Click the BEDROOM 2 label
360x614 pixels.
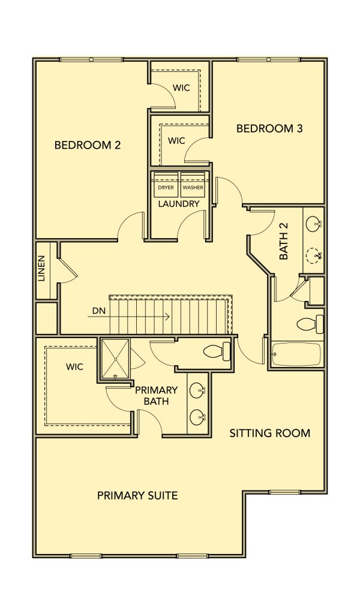88,145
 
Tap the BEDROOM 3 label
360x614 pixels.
269,128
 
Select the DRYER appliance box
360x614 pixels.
166,185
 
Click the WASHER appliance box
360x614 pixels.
193,185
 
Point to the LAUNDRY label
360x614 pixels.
179,204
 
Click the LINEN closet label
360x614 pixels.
41,269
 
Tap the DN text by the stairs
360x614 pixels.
98,311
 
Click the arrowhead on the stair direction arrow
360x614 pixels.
167,317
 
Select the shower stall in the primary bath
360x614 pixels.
115,359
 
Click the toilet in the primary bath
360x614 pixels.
217,351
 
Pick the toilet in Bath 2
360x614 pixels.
310,324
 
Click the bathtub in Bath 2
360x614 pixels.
296,354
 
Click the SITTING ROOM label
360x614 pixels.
270,433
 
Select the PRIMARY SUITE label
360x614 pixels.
137,496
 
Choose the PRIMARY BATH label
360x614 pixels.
156,396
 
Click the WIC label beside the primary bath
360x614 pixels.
74,367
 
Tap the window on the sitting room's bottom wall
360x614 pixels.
285,492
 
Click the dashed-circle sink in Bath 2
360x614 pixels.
313,256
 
